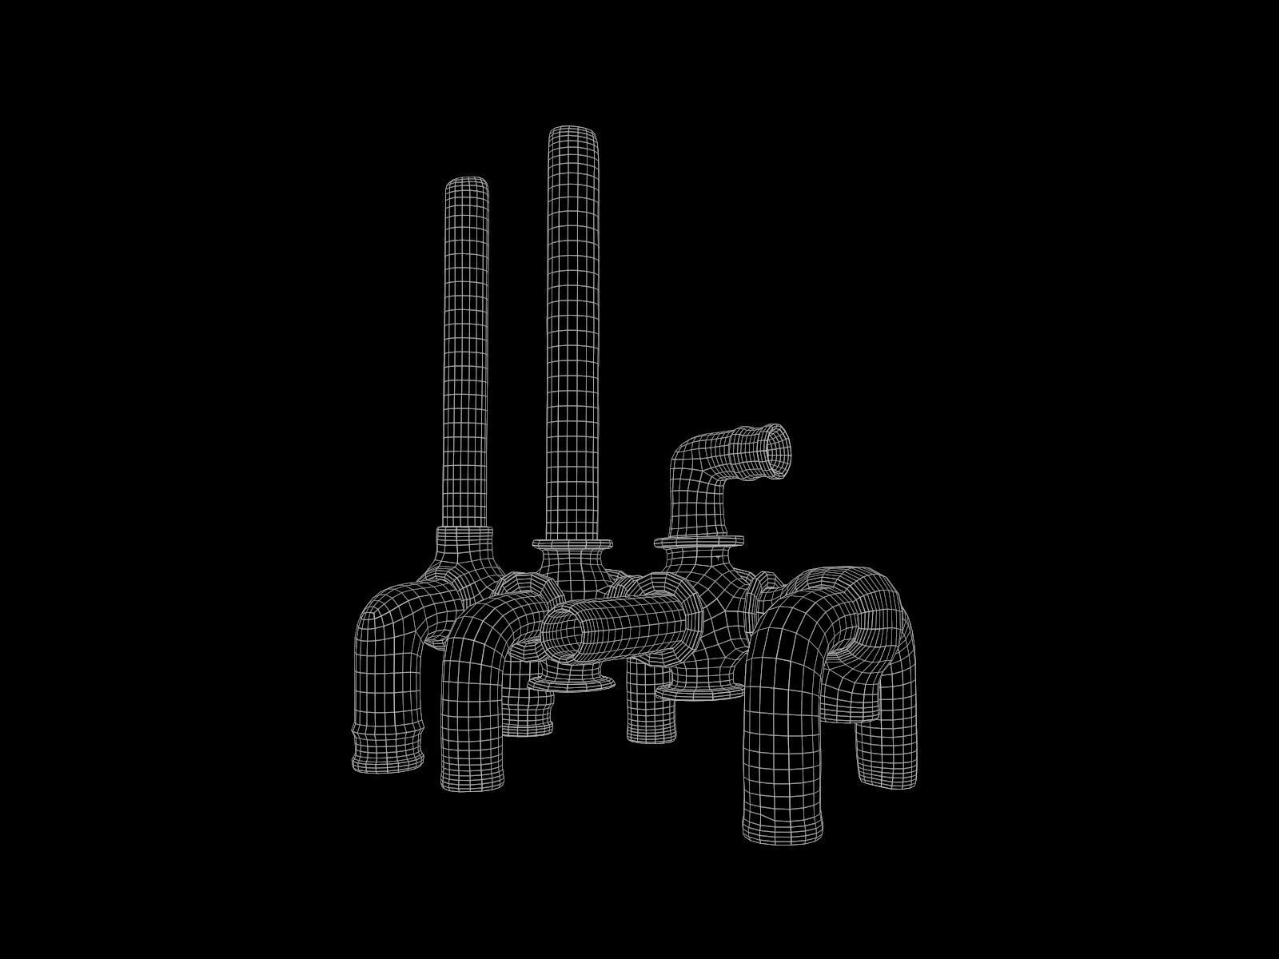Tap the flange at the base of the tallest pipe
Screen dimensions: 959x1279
tap(573, 544)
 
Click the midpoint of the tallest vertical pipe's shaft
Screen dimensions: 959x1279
tap(573, 336)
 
